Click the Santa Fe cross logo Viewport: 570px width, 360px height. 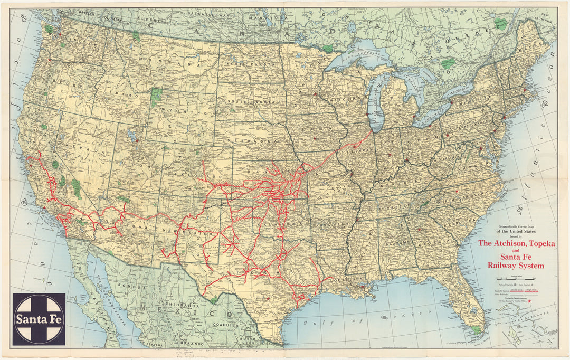tap(40, 319)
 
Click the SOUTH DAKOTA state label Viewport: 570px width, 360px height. tap(249, 101)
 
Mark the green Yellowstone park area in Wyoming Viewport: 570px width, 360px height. tap(156, 97)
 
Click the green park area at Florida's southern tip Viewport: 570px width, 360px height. tap(477, 329)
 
